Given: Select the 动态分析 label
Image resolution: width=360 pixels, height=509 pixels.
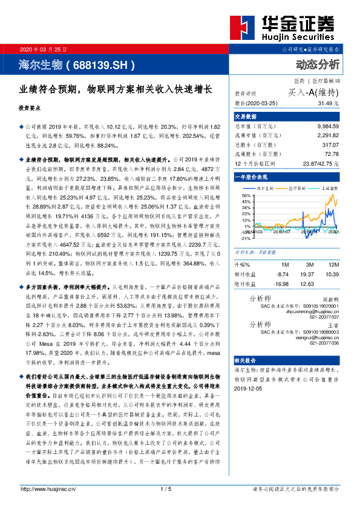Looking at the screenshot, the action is click(318, 65).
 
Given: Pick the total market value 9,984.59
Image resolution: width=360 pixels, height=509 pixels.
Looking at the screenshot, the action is click(325, 127).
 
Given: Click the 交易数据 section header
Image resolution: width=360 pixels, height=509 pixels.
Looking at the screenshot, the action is click(246, 116).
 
